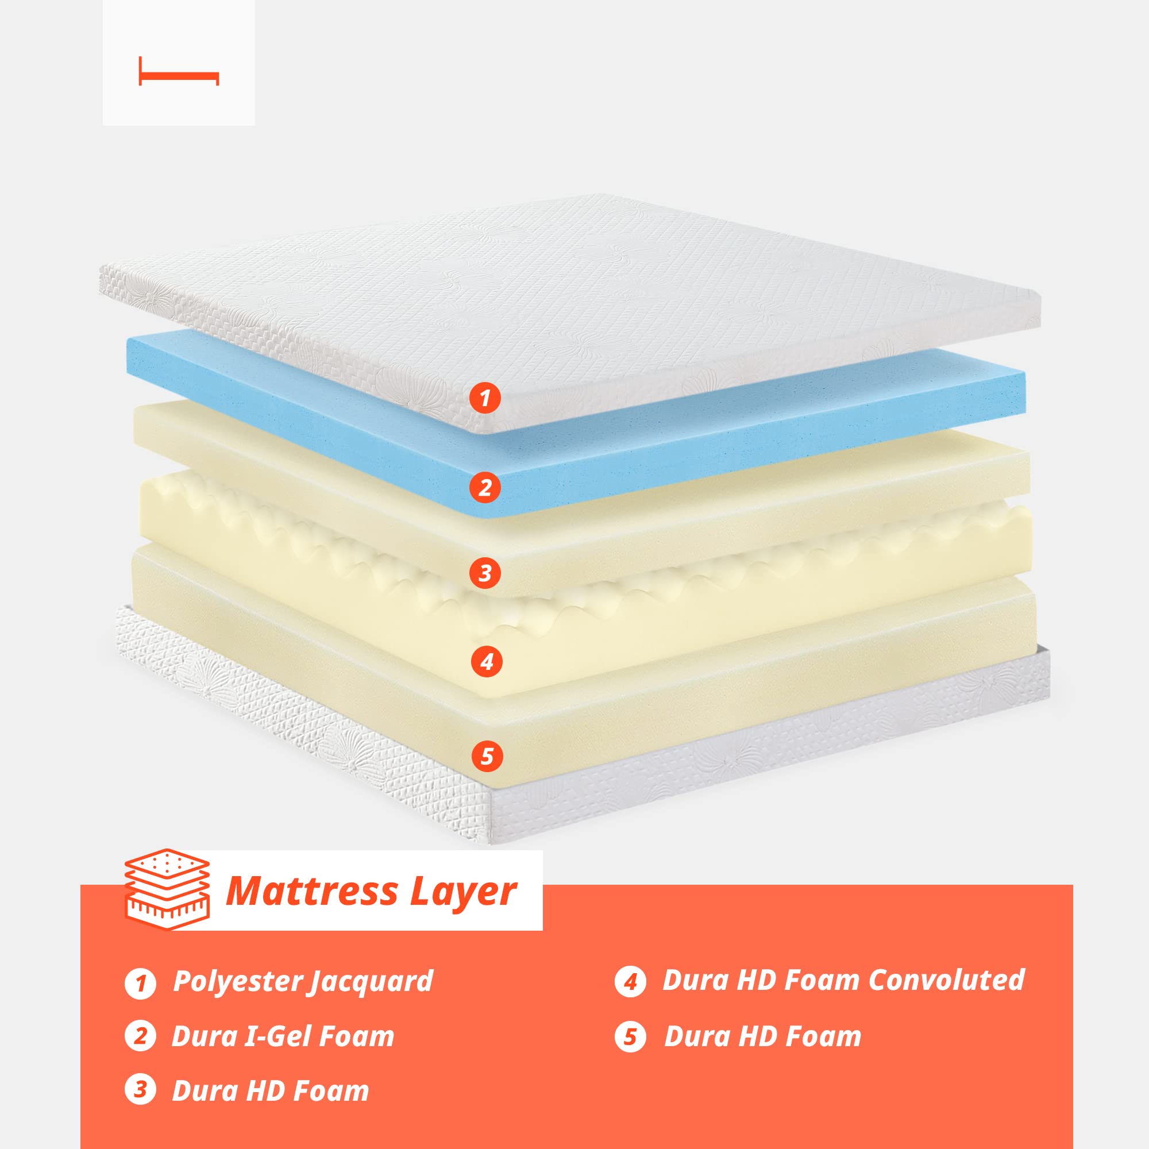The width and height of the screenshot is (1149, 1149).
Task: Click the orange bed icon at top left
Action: [179, 72]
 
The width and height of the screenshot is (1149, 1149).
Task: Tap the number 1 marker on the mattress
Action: [485, 398]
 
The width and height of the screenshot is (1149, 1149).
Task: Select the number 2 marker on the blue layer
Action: [485, 488]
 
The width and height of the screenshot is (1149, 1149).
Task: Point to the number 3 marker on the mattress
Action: [485, 573]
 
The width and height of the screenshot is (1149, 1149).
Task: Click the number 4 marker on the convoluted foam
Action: [487, 662]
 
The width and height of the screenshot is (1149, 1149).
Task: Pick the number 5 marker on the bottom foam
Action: [487, 757]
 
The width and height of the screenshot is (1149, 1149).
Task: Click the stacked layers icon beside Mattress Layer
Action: [167, 889]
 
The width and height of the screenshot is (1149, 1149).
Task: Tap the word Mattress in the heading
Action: [312, 892]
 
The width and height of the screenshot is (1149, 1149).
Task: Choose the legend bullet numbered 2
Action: [140, 1035]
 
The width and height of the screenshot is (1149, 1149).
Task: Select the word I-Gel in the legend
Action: [278, 1036]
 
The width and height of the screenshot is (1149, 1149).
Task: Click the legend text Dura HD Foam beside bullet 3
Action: [271, 1090]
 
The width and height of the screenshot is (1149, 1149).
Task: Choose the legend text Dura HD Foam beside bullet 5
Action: [762, 1036]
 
